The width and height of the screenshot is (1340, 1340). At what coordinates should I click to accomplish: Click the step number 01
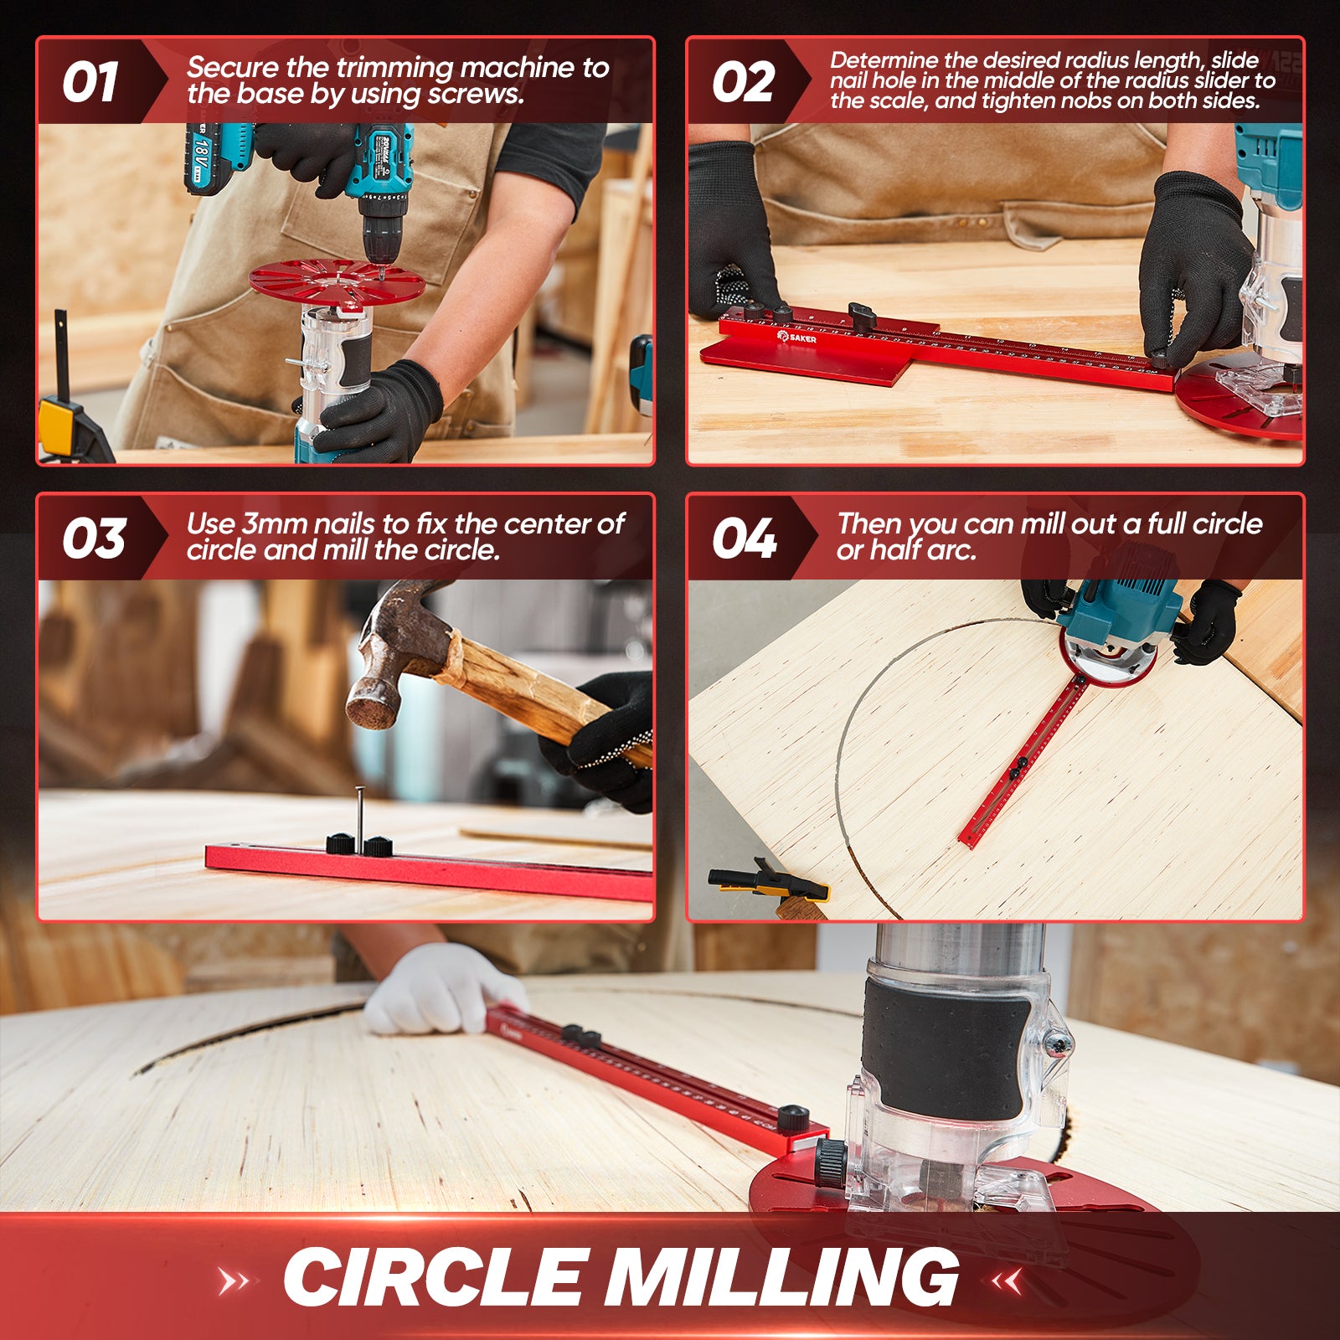tap(90, 82)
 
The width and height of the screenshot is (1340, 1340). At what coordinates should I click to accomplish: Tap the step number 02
tap(743, 82)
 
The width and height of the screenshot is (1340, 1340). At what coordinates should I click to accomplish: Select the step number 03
tap(93, 538)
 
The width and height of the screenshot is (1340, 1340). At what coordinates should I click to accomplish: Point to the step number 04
tap(744, 538)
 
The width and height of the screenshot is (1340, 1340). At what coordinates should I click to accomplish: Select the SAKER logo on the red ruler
tap(796, 338)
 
